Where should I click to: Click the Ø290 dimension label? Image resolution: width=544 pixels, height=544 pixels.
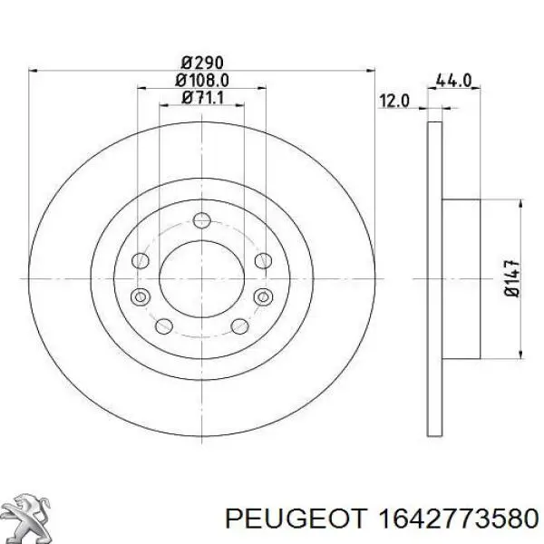[x=202, y=63]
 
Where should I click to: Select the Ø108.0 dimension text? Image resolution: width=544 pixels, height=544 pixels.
[x=202, y=81]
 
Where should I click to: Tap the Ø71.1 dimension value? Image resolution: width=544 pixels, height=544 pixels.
[x=202, y=98]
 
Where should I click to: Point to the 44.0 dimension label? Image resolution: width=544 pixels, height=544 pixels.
[x=453, y=81]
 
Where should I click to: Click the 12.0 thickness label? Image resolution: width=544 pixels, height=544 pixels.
[x=394, y=102]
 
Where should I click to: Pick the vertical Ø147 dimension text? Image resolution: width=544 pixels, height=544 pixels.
[x=512, y=278]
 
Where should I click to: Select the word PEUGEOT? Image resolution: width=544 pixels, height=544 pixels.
[x=296, y=519]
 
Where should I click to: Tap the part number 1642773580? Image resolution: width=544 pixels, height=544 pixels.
[x=458, y=519]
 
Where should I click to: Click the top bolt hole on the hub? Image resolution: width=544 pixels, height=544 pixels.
[x=202, y=220]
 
